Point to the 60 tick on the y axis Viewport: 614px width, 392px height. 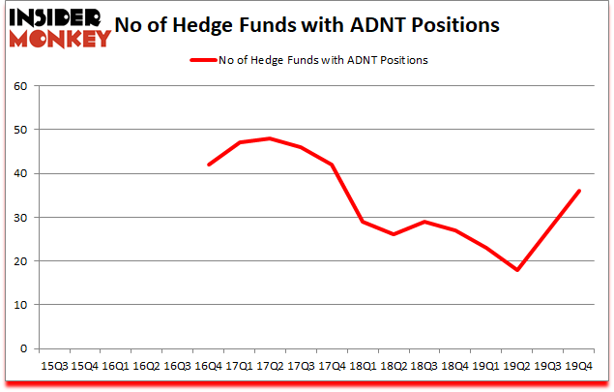coord(20,86)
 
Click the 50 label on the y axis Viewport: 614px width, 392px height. coord(20,130)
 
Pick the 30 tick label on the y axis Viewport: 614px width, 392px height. coord(20,217)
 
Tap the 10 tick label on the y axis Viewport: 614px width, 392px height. coord(20,305)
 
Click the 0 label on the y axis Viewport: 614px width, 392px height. coord(24,348)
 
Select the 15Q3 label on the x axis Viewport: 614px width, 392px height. coord(53,366)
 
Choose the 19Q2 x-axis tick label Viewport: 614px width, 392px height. coord(517,366)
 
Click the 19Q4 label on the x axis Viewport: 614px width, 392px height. coord(579,366)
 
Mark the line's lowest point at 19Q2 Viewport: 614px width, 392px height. coord(517,270)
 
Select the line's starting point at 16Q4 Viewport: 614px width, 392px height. coord(208,165)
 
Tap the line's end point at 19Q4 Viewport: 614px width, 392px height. coord(579,191)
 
